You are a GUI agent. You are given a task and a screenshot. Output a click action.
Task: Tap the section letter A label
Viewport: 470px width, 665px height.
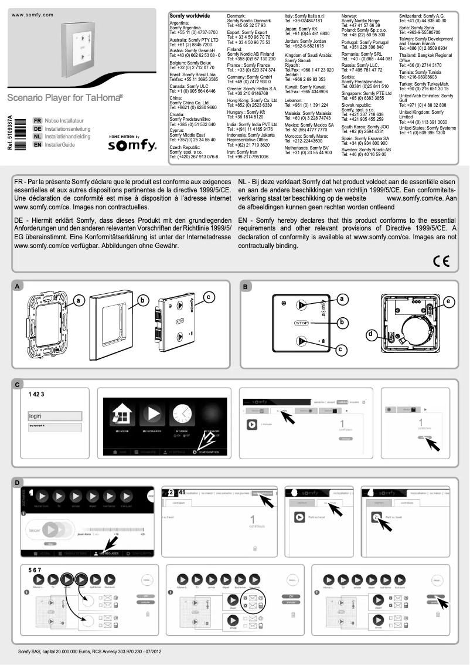tap(18, 286)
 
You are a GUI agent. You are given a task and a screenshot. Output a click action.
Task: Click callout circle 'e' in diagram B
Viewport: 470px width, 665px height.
tap(448, 301)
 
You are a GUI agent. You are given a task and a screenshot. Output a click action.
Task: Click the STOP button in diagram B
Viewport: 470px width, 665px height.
tap(301, 323)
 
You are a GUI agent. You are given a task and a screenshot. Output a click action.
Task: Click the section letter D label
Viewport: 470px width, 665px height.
tap(18, 483)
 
